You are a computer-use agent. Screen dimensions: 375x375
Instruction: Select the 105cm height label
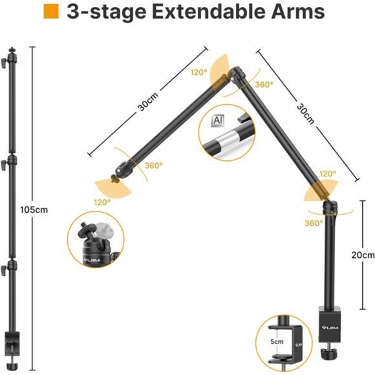[x=34, y=209]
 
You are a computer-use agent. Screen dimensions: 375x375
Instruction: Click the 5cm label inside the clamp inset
[x=277, y=341]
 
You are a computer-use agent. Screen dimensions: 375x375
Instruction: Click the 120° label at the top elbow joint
[x=198, y=72]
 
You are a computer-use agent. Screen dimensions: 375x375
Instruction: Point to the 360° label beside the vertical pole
[x=314, y=223]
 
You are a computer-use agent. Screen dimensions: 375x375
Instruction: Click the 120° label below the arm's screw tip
[x=102, y=202]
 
